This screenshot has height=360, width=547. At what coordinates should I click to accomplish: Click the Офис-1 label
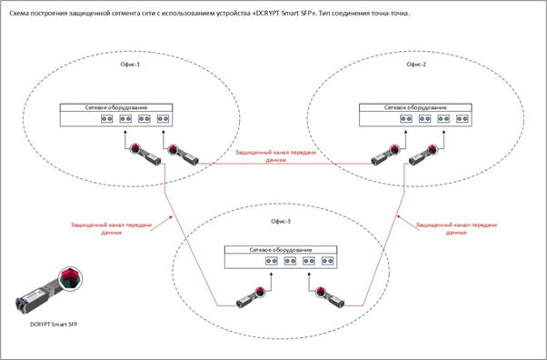point(130,65)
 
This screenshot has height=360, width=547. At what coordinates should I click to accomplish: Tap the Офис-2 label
point(416,65)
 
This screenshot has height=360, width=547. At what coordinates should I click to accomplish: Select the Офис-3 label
point(281,222)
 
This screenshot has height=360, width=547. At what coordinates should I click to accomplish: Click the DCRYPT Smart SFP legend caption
point(54,325)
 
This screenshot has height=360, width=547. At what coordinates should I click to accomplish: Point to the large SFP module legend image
point(49,289)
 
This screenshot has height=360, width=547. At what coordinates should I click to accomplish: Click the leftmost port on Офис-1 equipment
point(106,119)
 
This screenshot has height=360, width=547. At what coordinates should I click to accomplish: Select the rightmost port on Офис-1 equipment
point(163,119)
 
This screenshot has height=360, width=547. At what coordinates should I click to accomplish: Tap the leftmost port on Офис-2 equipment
point(406,119)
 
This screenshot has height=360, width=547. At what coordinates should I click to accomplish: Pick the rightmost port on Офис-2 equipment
point(462,119)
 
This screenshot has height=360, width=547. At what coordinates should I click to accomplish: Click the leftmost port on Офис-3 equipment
point(272,261)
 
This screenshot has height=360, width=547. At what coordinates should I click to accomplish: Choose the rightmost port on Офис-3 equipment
point(328,261)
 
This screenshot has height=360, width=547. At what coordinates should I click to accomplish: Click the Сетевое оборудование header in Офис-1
point(116,107)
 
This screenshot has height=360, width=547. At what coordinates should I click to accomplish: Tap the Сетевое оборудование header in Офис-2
point(415,107)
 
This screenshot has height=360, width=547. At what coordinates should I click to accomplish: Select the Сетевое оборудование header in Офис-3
point(281,250)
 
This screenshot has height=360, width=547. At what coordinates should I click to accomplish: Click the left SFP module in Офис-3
point(250,297)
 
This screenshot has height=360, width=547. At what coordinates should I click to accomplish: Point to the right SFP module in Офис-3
point(330,297)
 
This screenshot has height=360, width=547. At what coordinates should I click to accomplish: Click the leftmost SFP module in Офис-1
point(145,155)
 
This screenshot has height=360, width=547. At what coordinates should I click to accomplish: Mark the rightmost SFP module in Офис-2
point(423,155)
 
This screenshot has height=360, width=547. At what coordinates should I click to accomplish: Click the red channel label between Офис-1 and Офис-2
point(275,156)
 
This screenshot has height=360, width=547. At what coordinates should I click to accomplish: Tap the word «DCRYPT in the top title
point(265,14)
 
